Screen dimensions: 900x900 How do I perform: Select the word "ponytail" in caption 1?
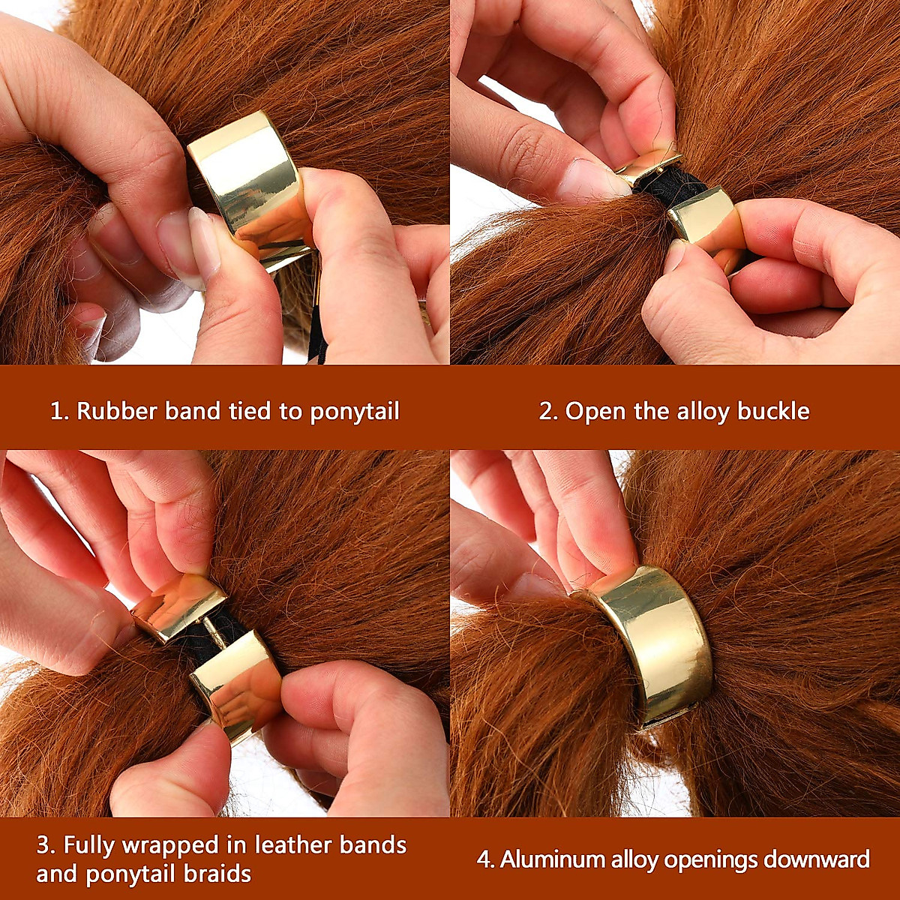pos(355,412)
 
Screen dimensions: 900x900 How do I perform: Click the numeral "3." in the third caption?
pos(46,845)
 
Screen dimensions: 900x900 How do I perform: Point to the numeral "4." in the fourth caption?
pos(485,859)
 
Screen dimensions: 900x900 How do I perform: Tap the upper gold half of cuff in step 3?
pos(180,604)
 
